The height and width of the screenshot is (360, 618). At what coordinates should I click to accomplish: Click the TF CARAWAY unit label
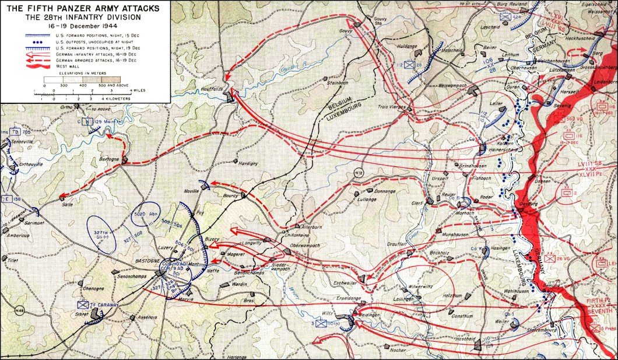(105, 305)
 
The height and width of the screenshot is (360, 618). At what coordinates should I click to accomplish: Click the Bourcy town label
(231, 196)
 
